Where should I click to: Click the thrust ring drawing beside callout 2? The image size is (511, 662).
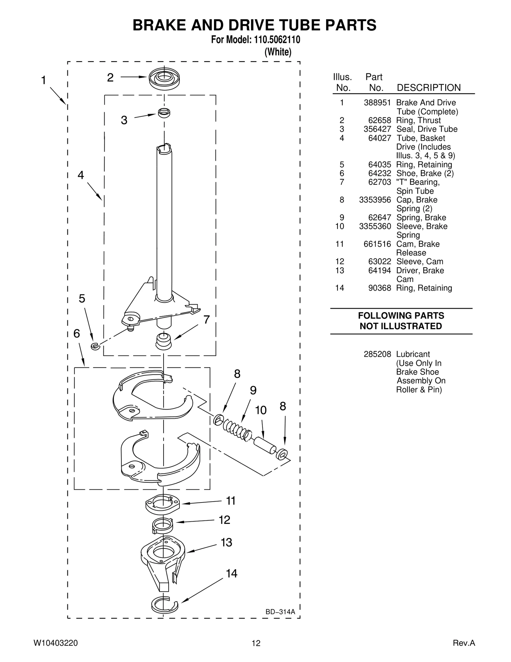pyautogui.click(x=164, y=78)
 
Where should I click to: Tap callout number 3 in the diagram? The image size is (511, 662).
pyautogui.click(x=124, y=121)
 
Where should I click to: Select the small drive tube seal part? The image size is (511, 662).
pyautogui.click(x=164, y=113)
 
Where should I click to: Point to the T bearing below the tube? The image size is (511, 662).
pyautogui.click(x=164, y=341)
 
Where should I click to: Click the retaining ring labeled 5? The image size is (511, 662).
pyautogui.click(x=95, y=346)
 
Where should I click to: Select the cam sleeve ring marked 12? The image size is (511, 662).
pyautogui.click(x=163, y=526)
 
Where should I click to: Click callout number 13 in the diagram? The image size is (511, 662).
pyautogui.click(x=226, y=542)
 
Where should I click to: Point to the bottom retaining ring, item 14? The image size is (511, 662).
pyautogui.click(x=164, y=605)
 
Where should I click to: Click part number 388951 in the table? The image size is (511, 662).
pyautogui.click(x=377, y=103)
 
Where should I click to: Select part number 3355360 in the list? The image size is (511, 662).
pyautogui.click(x=375, y=226)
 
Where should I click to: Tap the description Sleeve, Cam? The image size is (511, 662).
pyautogui.click(x=420, y=261)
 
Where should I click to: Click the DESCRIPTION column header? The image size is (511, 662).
pyautogui.click(x=429, y=88)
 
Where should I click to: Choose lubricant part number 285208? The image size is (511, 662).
pyautogui.click(x=377, y=354)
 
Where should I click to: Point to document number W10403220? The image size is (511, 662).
pyautogui.click(x=56, y=643)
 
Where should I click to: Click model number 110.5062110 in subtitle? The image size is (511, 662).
pyautogui.click(x=277, y=40)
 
